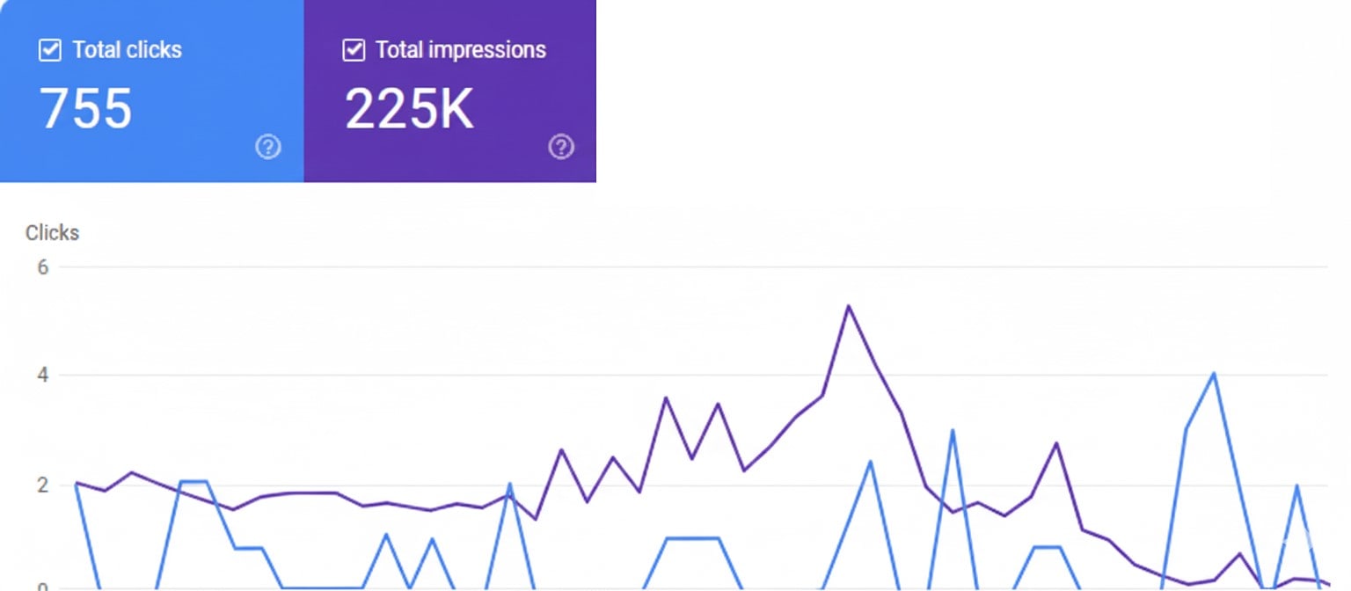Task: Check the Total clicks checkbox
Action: point(49,50)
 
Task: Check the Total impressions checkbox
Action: point(354,50)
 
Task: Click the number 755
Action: point(86,109)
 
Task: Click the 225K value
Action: point(409,109)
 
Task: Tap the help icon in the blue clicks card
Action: point(268,147)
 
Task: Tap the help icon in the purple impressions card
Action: point(561,147)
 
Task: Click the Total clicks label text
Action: point(127,50)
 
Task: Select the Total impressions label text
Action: point(461,50)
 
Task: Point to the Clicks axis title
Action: point(52,233)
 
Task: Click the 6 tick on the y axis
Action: point(42,266)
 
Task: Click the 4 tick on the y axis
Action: point(42,376)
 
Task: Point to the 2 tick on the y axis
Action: point(42,485)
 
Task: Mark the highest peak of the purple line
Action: point(848,306)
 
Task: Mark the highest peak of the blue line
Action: point(1214,374)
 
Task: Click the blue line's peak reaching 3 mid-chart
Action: point(953,430)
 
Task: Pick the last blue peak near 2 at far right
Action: point(1296,485)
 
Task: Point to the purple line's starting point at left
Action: point(77,482)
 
